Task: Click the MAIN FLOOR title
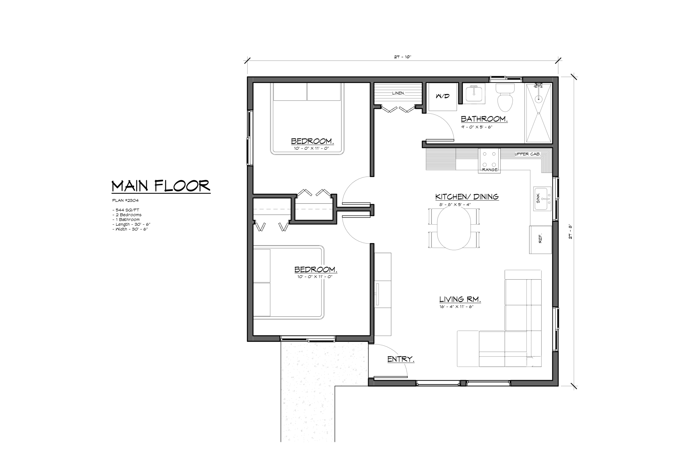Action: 161,186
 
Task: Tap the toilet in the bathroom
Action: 505,97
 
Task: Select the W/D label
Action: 443,96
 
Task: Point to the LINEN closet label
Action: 398,93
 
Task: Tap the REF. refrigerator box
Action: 540,240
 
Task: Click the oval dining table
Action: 454,229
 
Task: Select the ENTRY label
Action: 401,359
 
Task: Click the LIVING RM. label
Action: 460,299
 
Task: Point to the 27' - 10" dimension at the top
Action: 403,57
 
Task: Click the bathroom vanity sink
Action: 474,94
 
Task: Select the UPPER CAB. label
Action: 528,154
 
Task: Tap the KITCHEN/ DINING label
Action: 467,197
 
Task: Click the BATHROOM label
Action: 484,119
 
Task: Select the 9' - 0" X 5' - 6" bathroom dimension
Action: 477,127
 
